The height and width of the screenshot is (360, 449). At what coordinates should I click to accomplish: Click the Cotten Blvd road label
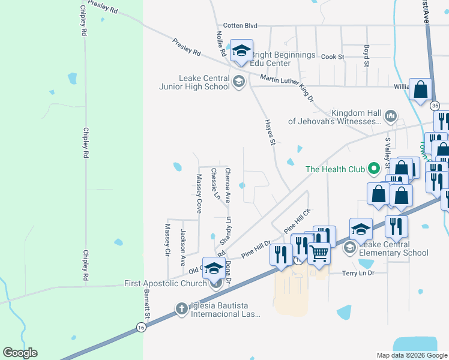tap(240, 26)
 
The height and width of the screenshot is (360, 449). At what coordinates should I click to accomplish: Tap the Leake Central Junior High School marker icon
tap(239, 82)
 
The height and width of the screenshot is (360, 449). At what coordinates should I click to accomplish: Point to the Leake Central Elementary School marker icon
tap(349, 247)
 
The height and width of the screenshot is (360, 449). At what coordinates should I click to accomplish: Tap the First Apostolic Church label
tap(165, 283)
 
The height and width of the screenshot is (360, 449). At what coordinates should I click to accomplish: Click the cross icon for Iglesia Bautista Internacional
tap(182, 309)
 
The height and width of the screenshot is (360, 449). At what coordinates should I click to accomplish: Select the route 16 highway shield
tap(140, 327)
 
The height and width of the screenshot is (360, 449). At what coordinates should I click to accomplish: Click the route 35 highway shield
tap(435, 104)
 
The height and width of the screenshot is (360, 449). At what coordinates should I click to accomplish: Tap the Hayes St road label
tap(270, 133)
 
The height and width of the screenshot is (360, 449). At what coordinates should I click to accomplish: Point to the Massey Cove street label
tap(199, 193)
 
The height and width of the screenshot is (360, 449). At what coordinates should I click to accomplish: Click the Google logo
tap(20, 353)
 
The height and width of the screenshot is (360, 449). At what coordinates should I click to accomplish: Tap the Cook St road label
tap(332, 56)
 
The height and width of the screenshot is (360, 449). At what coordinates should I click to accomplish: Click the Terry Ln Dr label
tap(358, 273)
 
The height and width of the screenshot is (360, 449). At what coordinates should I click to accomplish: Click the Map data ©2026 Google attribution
tap(411, 355)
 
